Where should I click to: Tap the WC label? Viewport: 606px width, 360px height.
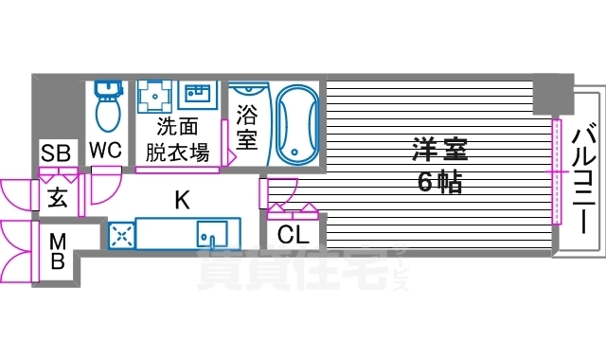[x=105, y=150]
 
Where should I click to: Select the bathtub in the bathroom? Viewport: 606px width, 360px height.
[x=298, y=123]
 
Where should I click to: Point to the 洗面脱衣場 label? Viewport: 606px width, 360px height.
[x=177, y=140]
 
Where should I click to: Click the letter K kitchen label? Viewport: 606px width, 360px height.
[x=180, y=199]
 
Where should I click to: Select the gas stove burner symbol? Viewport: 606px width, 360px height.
[x=122, y=235]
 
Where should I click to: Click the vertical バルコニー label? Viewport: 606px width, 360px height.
[x=584, y=173]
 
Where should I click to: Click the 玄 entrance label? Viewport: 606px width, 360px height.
[x=57, y=198]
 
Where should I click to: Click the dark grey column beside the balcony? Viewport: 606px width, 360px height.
[x=553, y=93]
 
